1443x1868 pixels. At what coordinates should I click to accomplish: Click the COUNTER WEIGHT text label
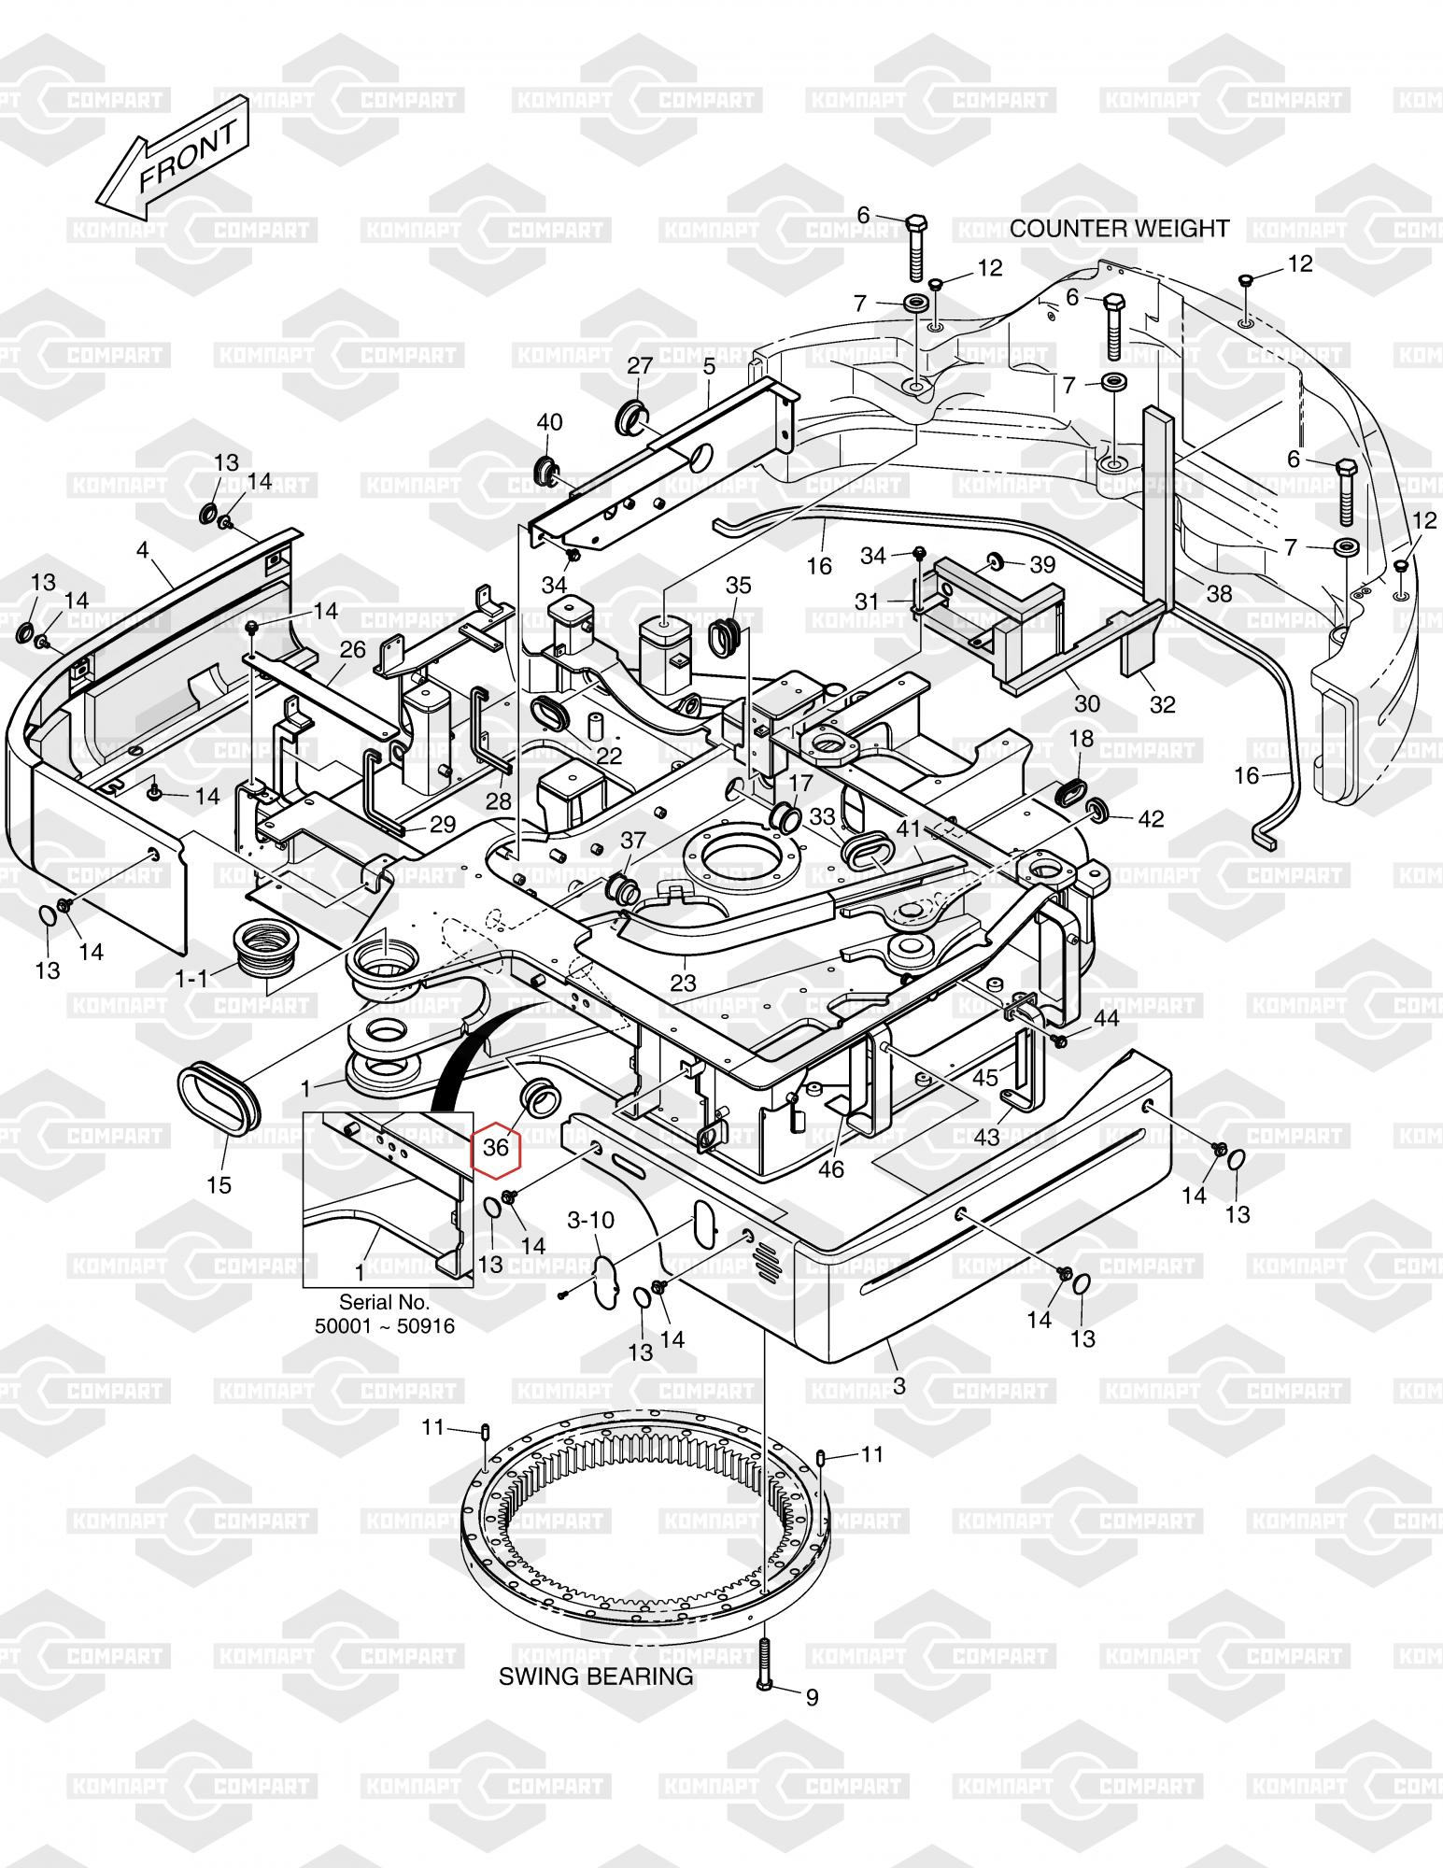tap(1120, 229)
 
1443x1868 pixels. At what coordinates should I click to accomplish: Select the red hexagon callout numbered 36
tap(496, 1146)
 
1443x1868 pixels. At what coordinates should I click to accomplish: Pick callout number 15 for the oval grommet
tap(219, 1185)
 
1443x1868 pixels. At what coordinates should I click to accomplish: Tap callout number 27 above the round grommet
tap(640, 365)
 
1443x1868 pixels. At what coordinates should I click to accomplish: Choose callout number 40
tap(549, 422)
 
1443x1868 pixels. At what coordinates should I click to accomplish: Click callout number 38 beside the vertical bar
tap(1219, 593)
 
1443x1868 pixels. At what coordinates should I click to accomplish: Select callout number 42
tap(1151, 818)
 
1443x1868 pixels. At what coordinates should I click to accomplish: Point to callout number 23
tap(684, 983)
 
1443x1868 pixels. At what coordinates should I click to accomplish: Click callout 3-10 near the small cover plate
tap(591, 1221)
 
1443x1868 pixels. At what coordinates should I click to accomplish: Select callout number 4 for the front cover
tap(142, 550)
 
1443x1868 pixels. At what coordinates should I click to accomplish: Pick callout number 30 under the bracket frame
tap(1087, 702)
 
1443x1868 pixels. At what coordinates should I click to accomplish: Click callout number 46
tap(830, 1168)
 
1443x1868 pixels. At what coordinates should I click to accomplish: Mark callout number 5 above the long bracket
tap(710, 367)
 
